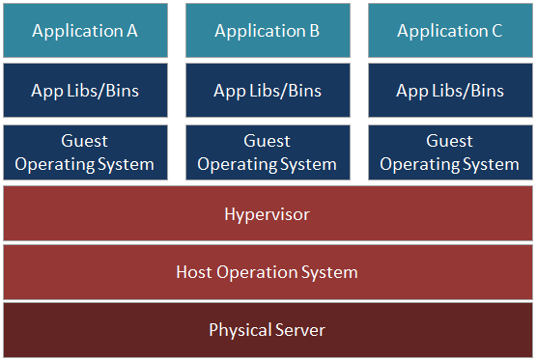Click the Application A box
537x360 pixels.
[85, 31]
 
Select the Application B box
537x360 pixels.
[268, 31]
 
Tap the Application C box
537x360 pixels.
[450, 31]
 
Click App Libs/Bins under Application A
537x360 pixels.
[85, 91]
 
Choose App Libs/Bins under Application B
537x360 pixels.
[268, 91]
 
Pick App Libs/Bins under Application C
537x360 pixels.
[450, 91]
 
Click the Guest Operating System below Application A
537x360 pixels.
[85, 152]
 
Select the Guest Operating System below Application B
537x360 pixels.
[268, 152]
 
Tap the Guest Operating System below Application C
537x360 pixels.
[450, 152]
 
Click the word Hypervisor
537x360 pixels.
[268, 214]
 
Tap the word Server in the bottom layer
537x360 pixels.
[299, 330]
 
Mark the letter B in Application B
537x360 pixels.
[314, 31]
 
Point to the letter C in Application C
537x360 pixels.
[496, 31]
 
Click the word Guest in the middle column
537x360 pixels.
[268, 141]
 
